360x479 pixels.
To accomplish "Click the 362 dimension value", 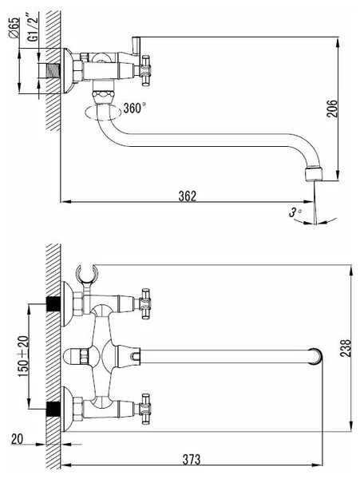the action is point(187,196).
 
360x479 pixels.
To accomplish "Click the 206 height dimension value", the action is point(332,108).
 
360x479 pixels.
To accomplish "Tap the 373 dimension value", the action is point(192,459).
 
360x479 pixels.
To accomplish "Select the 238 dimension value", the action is point(346,348).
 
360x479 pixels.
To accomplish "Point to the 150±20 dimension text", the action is point(24,356).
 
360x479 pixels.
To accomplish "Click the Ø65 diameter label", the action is point(14,27).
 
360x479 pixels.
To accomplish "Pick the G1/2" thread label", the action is point(33,27).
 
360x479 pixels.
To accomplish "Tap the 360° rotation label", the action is point(134,108).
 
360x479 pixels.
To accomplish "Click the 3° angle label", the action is point(295,212).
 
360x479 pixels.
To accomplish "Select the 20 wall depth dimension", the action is point(17,439).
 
